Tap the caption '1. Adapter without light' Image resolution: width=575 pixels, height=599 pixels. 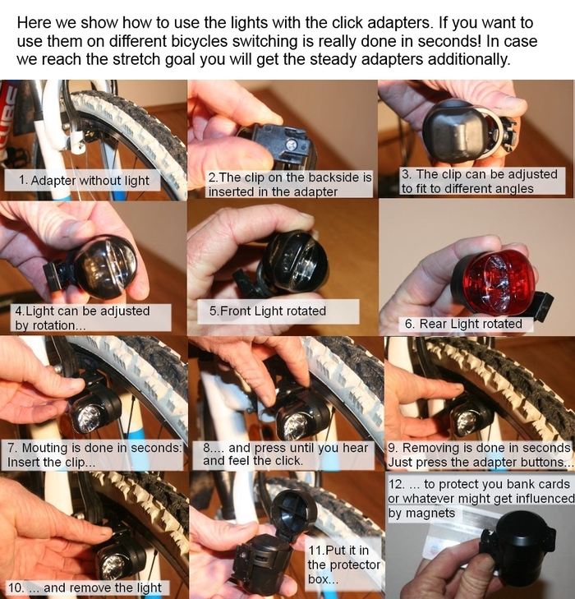click(x=84, y=180)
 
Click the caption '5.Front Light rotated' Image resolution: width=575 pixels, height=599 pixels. click(x=267, y=311)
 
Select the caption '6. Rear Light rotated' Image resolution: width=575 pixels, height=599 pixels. click(x=463, y=324)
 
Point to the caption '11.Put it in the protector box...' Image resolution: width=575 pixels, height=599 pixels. click(x=344, y=564)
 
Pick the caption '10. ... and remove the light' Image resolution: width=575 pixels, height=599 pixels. click(x=85, y=587)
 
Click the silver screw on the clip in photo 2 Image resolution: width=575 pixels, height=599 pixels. click(x=292, y=145)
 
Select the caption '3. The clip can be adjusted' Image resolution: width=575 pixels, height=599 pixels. click(x=480, y=174)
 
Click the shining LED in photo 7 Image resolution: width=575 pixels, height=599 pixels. click(x=89, y=416)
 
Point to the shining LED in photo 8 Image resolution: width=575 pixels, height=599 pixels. click(x=296, y=426)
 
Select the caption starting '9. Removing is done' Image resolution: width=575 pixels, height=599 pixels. click(x=481, y=454)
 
